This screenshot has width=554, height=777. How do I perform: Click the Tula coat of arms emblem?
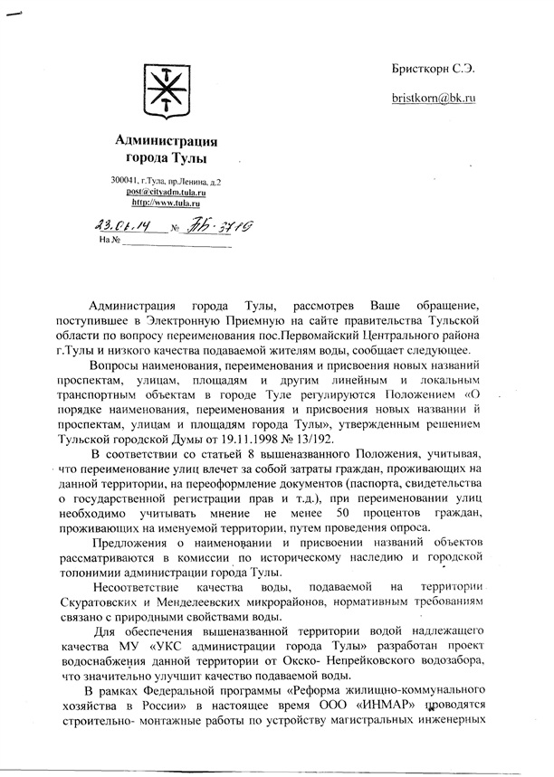[166, 92]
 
